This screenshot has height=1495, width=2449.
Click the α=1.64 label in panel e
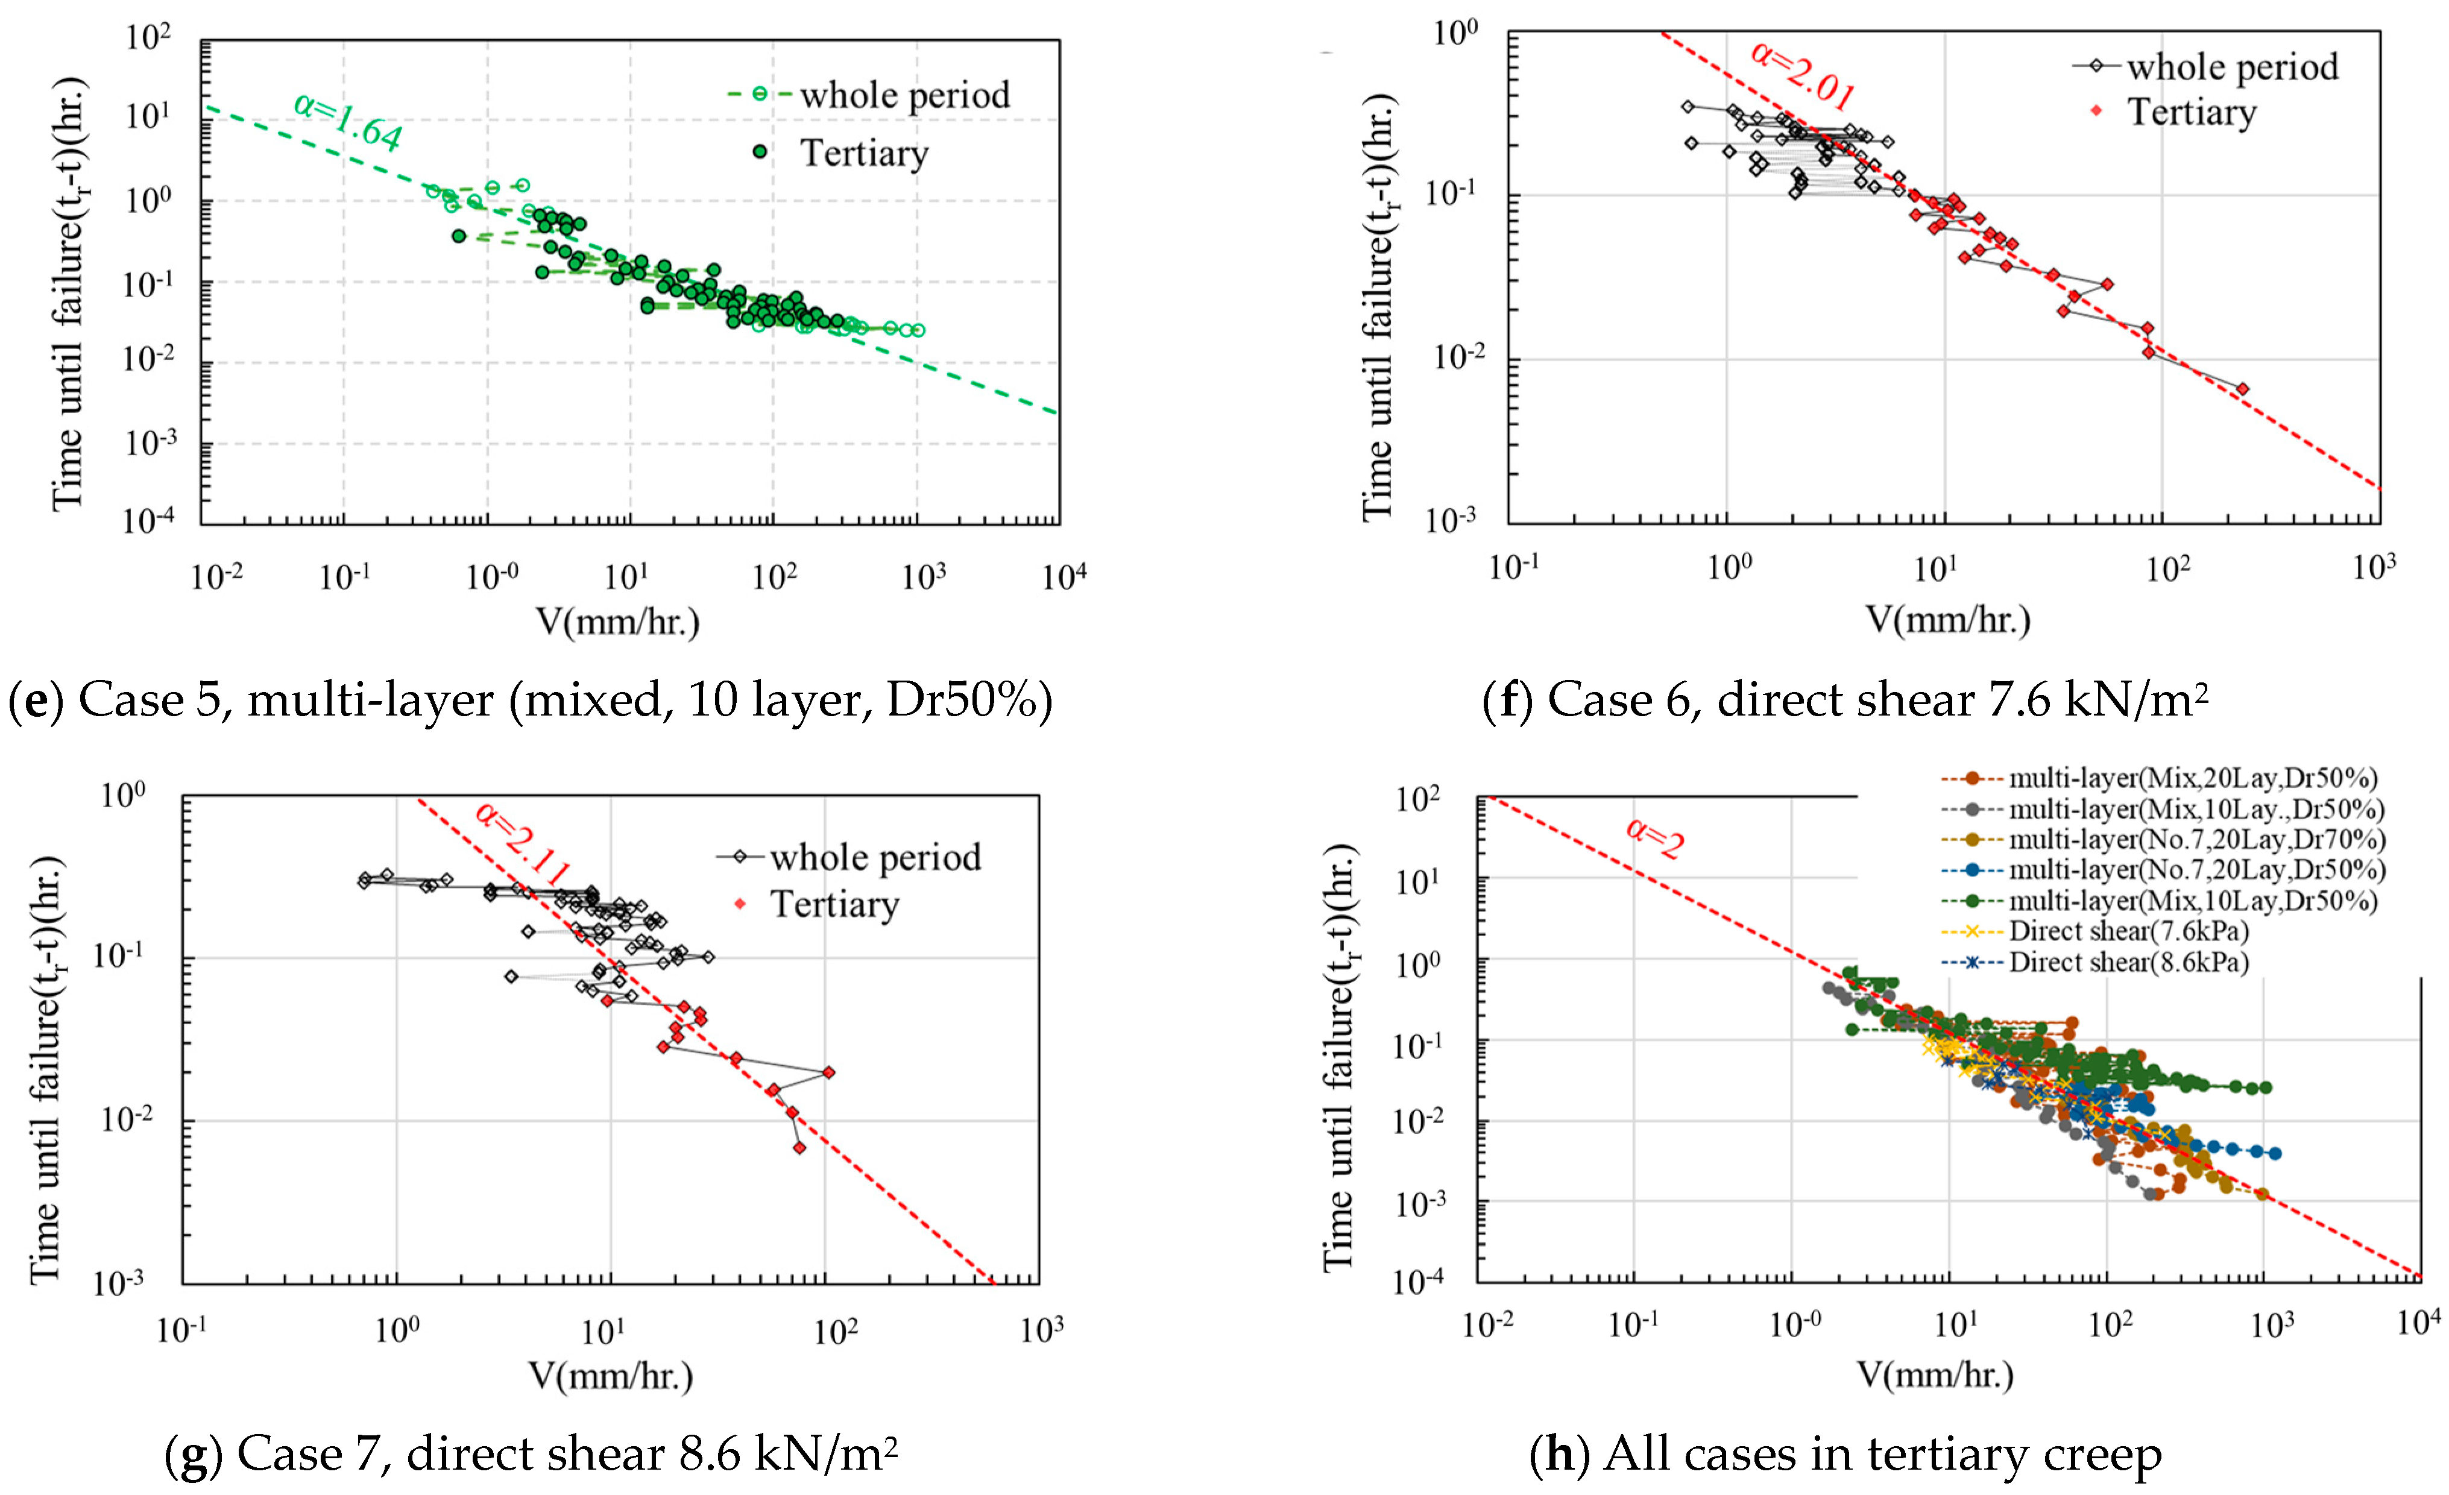coord(348,121)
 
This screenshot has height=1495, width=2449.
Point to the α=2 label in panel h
coord(1655,838)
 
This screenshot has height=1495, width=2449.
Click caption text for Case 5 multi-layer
coord(531,700)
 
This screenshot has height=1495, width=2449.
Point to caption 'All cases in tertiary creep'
coord(1845,1453)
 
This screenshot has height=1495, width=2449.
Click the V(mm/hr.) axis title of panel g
coord(610,1376)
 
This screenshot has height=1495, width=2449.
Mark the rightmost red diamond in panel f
coord(2241,389)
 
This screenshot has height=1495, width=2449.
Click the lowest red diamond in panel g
coord(799,1147)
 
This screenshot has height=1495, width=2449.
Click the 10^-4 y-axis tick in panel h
coord(1419,1281)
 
